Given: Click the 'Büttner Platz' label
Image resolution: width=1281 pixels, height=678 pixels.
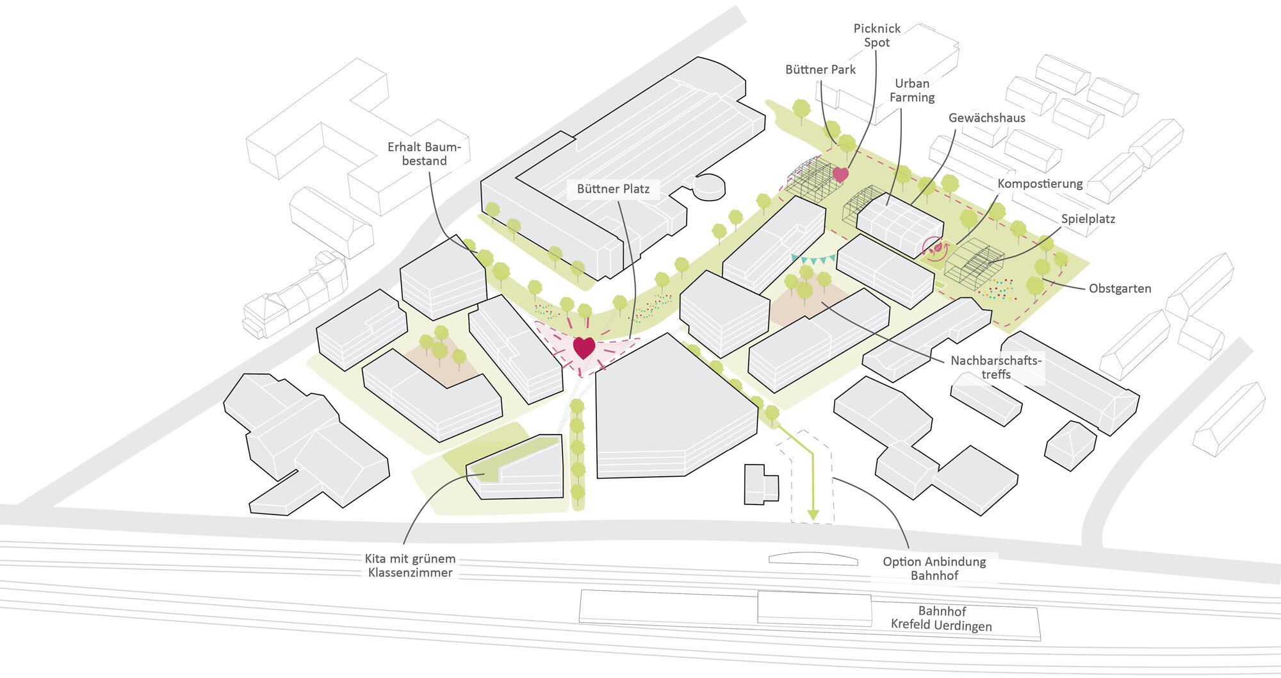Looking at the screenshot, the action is coord(613,189).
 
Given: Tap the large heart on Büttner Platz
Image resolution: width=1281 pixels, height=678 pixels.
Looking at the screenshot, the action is coord(584,347).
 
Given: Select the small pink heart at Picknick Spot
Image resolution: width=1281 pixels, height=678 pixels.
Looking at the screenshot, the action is coord(840,174).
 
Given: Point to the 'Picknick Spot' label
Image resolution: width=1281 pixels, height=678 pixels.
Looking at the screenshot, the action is coord(877,35).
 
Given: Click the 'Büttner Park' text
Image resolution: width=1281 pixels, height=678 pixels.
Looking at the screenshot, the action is coord(820,70).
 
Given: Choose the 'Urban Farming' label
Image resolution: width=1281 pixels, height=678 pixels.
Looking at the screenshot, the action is coord(912,90).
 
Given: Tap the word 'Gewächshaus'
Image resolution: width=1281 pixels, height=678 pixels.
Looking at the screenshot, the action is coord(987,118).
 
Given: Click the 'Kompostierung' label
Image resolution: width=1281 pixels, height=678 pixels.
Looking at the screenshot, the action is coord(1040,184).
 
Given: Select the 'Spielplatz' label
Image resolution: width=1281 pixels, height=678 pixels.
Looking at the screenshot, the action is coord(1088,219).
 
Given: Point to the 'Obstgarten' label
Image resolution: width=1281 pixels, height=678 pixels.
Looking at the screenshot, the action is coord(1120,288).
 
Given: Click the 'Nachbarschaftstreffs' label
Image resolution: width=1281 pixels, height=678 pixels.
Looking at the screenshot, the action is coord(996,367).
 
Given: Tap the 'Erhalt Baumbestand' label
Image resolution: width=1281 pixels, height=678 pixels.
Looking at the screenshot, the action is coord(424,154).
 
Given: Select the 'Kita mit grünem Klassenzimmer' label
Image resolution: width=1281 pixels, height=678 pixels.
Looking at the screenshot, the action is coord(411,566).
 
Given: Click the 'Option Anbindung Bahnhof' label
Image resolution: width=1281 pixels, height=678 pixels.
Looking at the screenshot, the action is coord(934,568).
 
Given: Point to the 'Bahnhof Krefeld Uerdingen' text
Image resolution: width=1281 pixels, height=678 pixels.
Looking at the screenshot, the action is coord(942,618).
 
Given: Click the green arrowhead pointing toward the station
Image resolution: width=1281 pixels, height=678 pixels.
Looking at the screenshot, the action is coord(813,515).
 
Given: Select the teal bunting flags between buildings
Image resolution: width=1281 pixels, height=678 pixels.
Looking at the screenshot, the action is coord(813,260).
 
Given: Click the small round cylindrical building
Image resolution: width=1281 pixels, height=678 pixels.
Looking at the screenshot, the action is coord(709,186).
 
